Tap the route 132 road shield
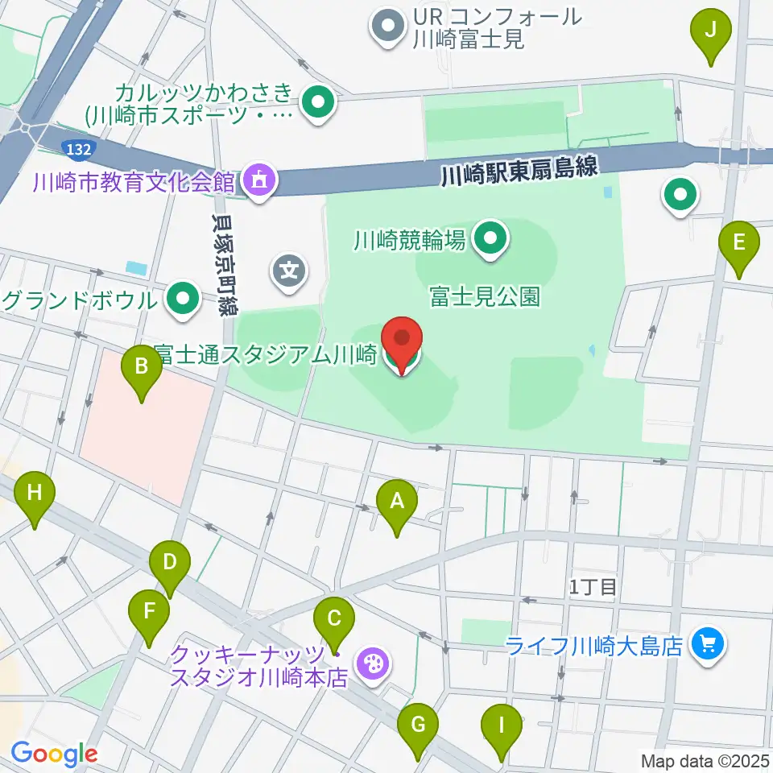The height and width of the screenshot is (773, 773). click(x=80, y=147)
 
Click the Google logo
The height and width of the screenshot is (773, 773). click(x=54, y=754)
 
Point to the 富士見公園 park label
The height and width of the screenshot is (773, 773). click(x=483, y=297)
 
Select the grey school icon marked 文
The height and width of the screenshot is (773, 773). click(x=290, y=269)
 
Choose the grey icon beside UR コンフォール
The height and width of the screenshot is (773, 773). click(x=387, y=26)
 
